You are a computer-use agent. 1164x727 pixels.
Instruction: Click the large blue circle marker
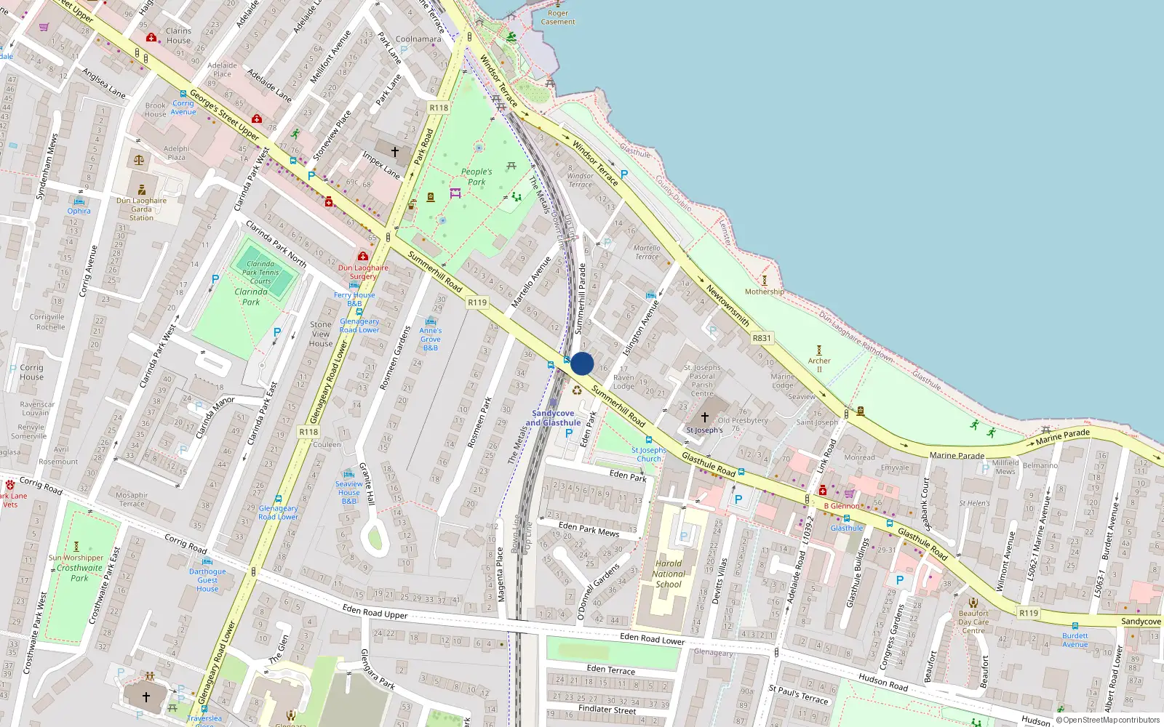click(x=582, y=363)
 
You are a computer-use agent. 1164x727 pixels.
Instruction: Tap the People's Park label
click(x=477, y=177)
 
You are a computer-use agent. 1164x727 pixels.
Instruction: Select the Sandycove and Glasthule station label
click(x=553, y=418)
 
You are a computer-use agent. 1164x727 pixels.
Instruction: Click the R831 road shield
click(x=762, y=338)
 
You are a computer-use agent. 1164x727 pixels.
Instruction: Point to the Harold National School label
click(x=669, y=574)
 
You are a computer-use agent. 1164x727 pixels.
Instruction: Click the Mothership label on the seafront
click(x=764, y=292)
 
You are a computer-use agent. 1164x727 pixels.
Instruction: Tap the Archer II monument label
click(x=819, y=364)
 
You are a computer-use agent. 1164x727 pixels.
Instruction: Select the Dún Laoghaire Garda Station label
click(x=142, y=209)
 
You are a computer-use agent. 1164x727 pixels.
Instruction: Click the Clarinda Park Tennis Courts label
click(x=260, y=273)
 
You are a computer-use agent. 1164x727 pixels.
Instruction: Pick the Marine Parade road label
click(x=957, y=456)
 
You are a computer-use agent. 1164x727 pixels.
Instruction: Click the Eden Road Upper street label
click(x=375, y=612)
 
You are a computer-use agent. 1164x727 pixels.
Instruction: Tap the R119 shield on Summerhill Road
click(x=477, y=302)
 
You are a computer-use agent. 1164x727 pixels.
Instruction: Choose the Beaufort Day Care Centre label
click(x=973, y=622)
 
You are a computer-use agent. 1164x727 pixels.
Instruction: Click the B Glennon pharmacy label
click(x=842, y=506)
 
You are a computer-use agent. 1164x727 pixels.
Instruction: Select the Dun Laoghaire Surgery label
click(x=363, y=272)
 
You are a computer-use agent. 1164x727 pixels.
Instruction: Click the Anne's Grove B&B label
click(x=431, y=339)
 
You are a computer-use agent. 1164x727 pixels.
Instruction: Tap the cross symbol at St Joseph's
click(x=704, y=417)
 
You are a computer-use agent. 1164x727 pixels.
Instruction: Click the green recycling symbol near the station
click(x=577, y=390)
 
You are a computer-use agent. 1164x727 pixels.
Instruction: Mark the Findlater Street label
click(x=607, y=709)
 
